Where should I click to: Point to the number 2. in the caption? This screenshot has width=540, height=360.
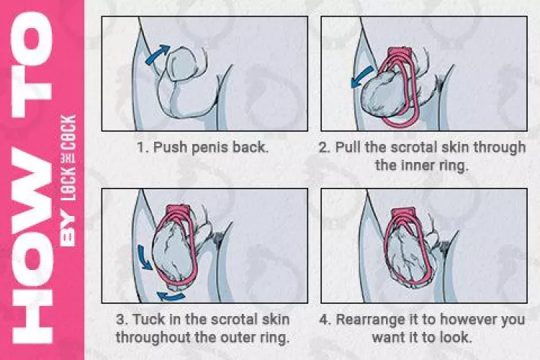click(x=325, y=148)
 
